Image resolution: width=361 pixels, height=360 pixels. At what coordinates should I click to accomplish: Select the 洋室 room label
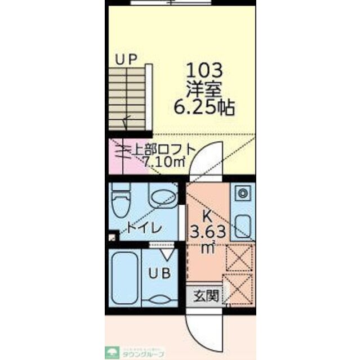coord(204,88)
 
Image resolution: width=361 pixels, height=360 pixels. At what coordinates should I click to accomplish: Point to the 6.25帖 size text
coord(204,106)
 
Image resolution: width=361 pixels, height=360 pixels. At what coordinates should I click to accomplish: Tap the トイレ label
coord(144,228)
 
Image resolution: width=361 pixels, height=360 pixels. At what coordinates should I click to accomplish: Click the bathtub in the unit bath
coord(124,277)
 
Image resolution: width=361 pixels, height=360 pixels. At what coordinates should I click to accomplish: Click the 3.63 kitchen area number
coord(208,231)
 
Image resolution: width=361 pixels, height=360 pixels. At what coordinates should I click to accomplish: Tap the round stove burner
coord(243,193)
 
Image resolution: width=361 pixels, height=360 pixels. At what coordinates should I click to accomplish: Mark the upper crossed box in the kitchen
coord(239,258)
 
